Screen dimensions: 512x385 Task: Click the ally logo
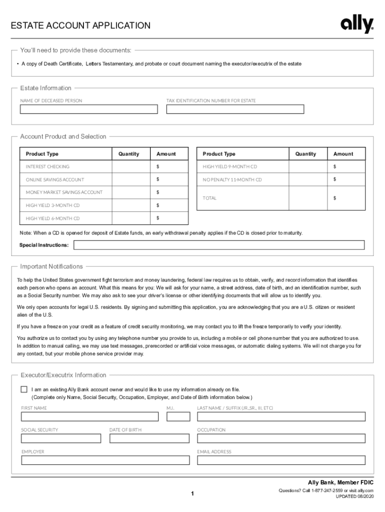[x=357, y=24]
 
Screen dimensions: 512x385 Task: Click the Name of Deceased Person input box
[x=88, y=109]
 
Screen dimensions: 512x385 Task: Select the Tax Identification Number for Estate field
[x=235, y=109]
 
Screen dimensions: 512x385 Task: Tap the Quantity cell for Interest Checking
[x=129, y=166]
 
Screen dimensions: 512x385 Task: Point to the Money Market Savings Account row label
[x=64, y=192]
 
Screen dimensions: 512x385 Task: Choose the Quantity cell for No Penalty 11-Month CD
[x=305, y=179]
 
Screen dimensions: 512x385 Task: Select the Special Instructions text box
[x=219, y=245]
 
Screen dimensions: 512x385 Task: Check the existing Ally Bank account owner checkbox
[x=24, y=389]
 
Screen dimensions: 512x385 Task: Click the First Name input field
[x=89, y=416]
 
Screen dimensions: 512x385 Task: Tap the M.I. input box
[x=178, y=416]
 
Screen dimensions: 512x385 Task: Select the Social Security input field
[x=60, y=438]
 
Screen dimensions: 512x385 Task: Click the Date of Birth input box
[x=149, y=438]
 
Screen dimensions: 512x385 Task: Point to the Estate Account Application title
[x=80, y=25]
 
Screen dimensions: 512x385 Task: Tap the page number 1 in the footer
[x=192, y=494]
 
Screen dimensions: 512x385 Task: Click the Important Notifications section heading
[x=51, y=266]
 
